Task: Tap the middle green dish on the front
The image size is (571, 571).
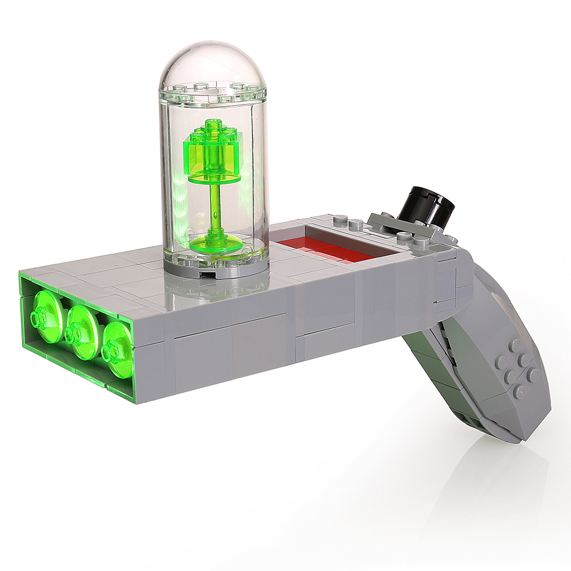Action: tap(83, 331)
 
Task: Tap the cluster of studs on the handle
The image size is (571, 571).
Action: tap(517, 368)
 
